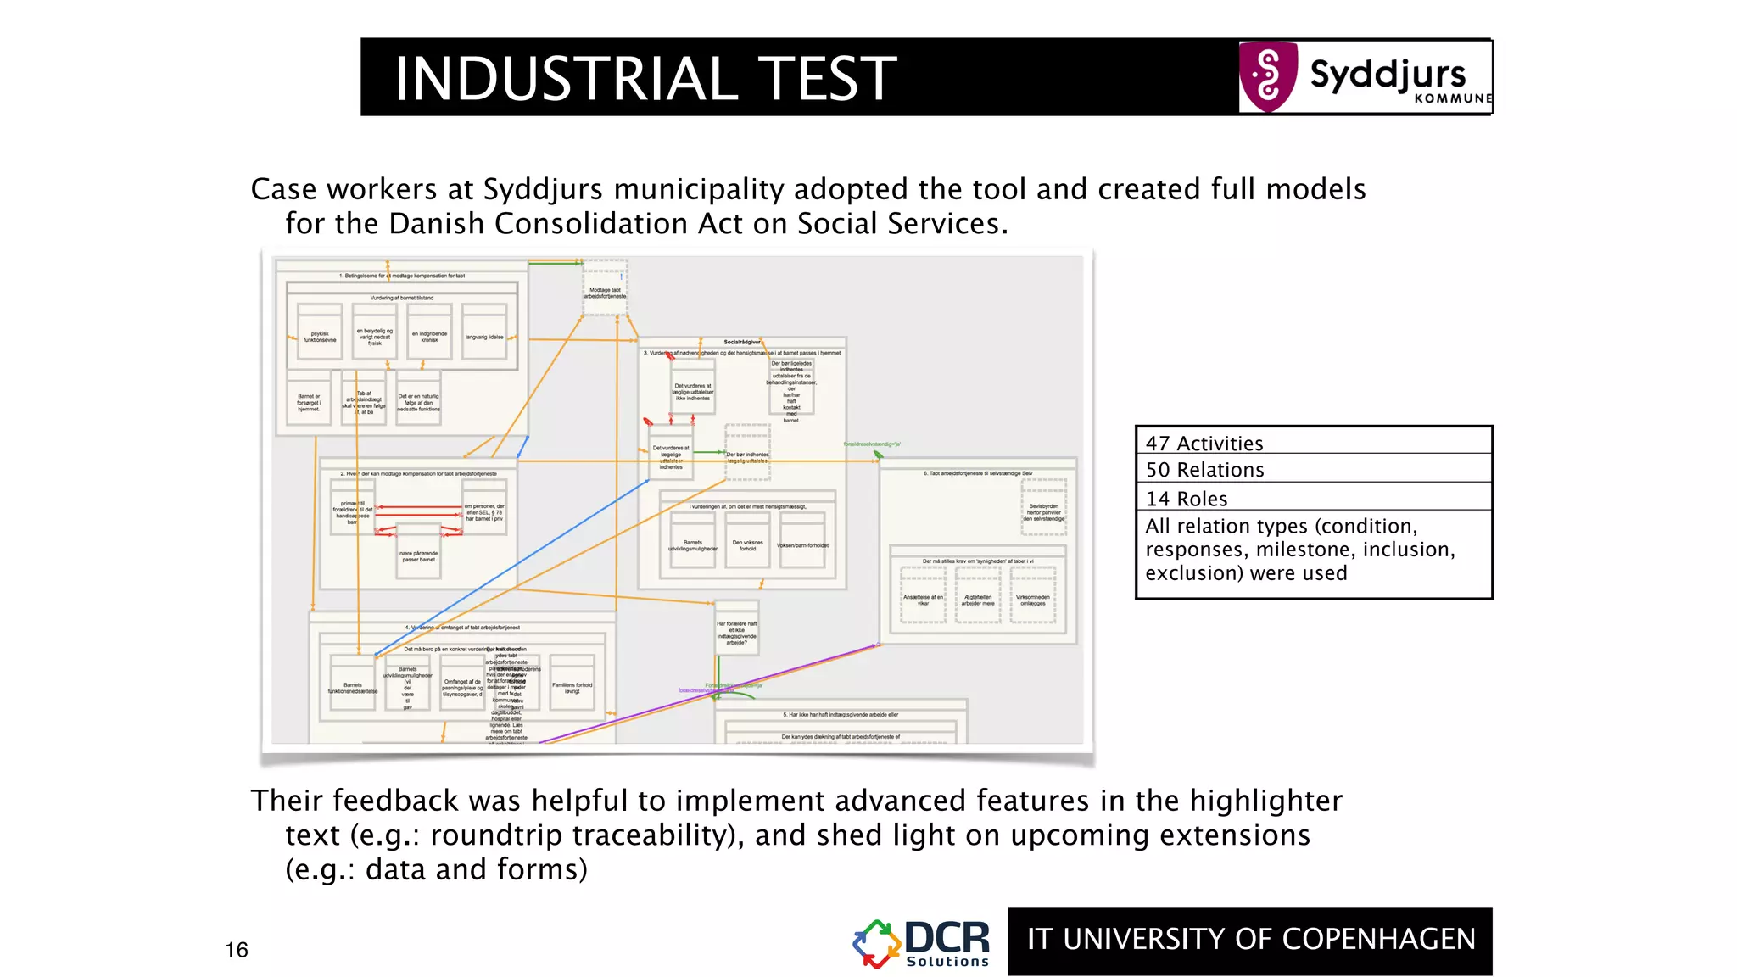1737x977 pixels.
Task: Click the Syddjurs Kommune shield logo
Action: (x=1268, y=76)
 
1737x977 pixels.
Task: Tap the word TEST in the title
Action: (x=827, y=78)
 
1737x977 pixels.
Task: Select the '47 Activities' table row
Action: (x=1313, y=442)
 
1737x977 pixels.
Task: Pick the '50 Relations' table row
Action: (x=1313, y=469)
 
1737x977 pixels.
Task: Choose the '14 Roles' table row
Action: (x=1313, y=498)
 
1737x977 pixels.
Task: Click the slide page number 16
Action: (x=237, y=949)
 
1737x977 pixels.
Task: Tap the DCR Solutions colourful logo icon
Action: (x=876, y=944)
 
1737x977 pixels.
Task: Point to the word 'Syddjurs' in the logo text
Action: (x=1388, y=75)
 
